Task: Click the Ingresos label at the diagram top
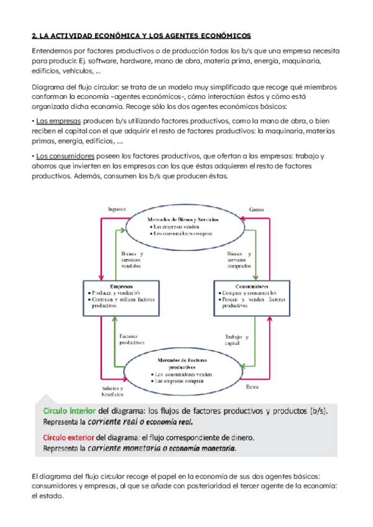[x=116, y=209]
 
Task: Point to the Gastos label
[x=256, y=209]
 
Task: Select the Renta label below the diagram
[x=252, y=386]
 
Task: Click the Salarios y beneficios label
[x=113, y=390]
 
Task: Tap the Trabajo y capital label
[x=236, y=340]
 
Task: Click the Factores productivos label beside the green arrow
[x=131, y=339]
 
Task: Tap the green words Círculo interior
[x=70, y=411]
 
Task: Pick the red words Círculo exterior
[x=70, y=438]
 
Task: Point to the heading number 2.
[x=34, y=37]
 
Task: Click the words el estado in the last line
[x=48, y=497]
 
